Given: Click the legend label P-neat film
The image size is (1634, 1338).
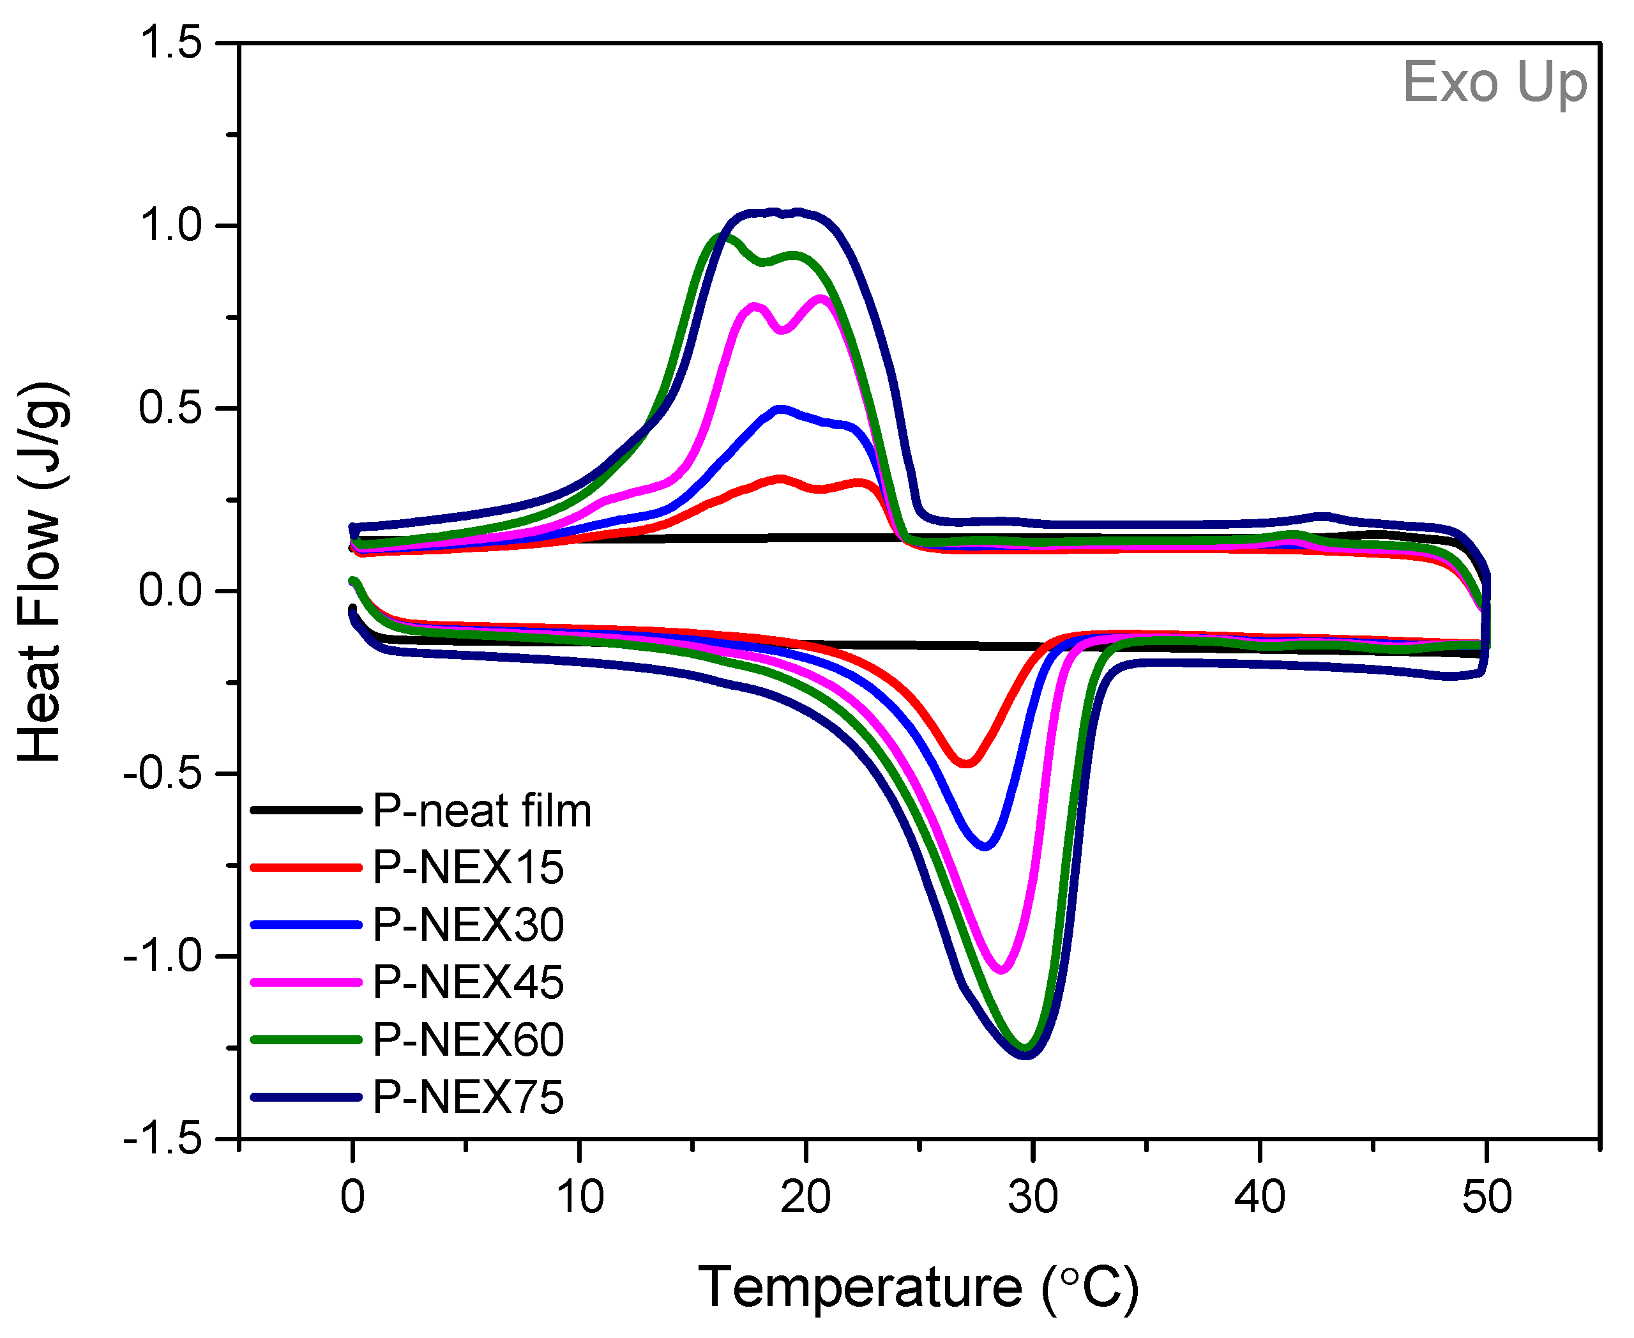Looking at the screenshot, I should tap(482, 811).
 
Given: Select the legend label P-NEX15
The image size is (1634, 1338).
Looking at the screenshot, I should tap(469, 868).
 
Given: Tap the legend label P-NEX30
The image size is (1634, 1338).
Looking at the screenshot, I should tap(469, 925).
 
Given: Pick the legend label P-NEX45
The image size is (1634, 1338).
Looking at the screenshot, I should tap(469, 983).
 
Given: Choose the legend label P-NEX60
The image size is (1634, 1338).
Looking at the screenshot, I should tap(469, 1040).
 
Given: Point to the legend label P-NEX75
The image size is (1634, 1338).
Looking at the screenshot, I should tap(469, 1097).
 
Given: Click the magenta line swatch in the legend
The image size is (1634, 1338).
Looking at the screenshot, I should tap(306, 983).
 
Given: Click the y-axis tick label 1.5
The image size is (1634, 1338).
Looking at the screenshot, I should tap(170, 43).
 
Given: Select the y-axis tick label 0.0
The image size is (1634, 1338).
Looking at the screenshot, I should tap(170, 591).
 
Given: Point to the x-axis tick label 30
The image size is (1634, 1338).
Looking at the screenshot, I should tap(1033, 1197).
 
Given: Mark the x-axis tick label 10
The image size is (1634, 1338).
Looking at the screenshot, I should tap(579, 1197).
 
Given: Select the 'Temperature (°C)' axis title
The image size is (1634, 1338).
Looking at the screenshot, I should tap(918, 1287).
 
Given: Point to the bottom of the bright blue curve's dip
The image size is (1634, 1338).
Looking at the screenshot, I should tap(985, 846).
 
